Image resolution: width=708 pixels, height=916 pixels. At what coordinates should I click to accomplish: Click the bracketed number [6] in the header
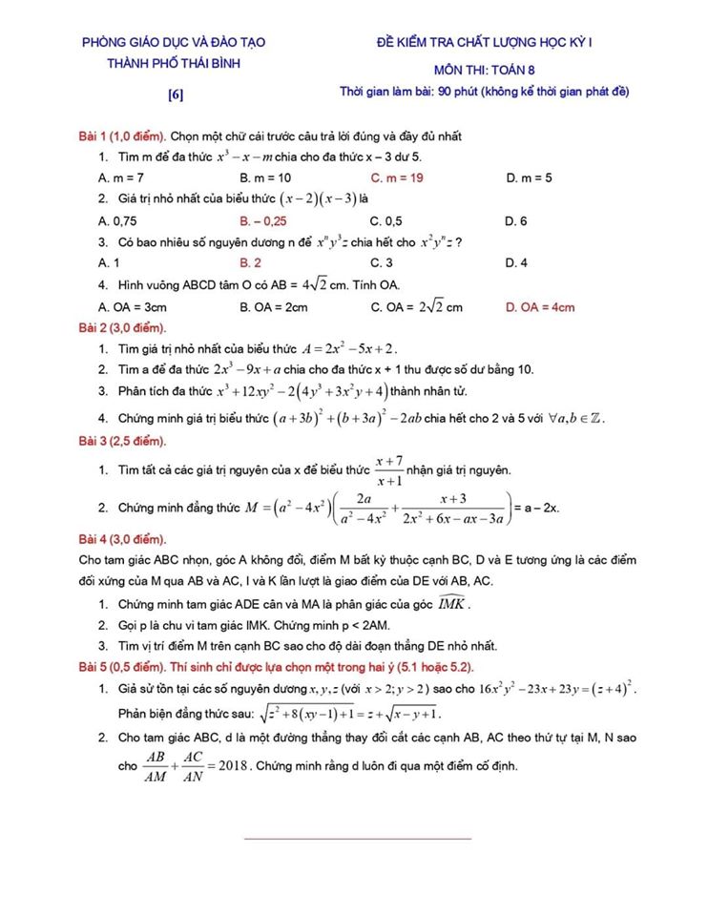pos(175,94)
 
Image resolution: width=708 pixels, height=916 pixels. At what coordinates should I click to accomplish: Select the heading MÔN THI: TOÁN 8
pos(484,70)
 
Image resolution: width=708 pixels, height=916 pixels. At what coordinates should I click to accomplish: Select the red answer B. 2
pos(251,262)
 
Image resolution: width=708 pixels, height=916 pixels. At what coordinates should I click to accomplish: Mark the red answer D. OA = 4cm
pos(540,307)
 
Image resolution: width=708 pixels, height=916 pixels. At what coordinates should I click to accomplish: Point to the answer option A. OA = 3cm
pos(134,307)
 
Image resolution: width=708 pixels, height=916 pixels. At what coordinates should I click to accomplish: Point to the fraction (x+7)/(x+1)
pos(387,470)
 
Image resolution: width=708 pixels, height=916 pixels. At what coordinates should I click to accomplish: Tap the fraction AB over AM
pos(154,765)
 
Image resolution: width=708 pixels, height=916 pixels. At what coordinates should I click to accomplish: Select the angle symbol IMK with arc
pos(450,603)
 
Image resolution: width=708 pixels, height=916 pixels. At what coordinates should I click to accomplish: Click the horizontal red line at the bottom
pos(358,839)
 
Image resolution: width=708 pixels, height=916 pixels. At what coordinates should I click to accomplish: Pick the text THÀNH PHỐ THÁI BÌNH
pos(174,63)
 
